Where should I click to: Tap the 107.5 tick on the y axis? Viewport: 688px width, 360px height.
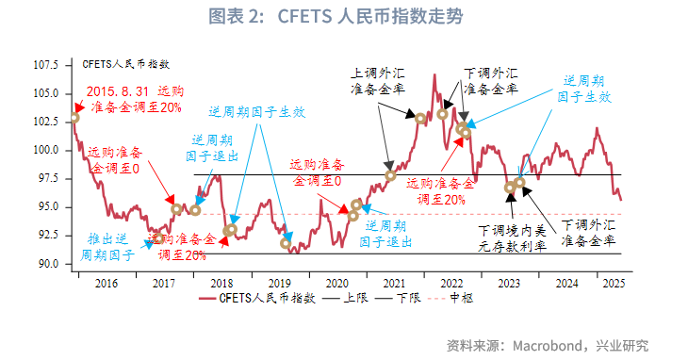pos(46,65)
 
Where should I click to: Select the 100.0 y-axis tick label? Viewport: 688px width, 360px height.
pos(46,150)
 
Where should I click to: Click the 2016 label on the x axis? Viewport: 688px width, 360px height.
pos(105,283)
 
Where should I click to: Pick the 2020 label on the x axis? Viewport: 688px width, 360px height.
pos(337,283)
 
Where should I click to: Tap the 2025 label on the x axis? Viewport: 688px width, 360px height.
pos(613,283)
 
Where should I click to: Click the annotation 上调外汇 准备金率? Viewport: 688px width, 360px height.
pos(377,80)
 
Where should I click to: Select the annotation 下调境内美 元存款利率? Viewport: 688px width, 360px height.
pos(510,237)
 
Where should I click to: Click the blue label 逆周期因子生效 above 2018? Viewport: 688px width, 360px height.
pos(256,111)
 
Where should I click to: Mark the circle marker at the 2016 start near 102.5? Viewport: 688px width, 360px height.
pos(74,119)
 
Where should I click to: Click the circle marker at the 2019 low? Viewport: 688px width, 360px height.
pos(287,244)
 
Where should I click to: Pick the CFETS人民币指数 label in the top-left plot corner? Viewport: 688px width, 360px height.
pos(125,64)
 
